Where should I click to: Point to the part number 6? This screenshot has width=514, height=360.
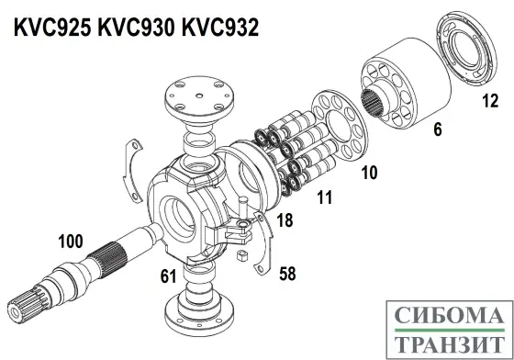(x=437, y=130)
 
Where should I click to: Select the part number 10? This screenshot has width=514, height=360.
(x=369, y=171)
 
